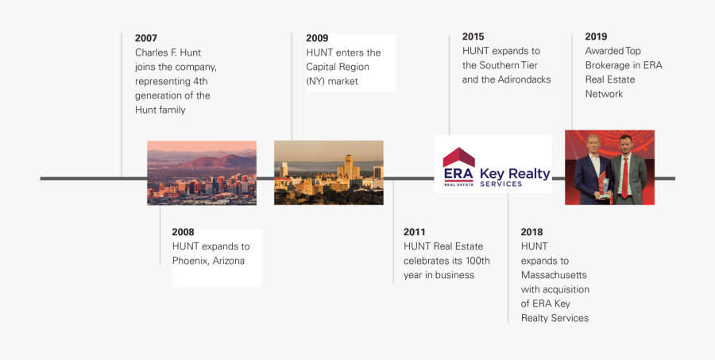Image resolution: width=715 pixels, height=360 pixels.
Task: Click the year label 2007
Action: [x=146, y=38]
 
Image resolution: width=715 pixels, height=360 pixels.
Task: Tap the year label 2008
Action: [x=184, y=232]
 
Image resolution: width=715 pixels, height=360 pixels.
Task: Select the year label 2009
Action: [x=317, y=38]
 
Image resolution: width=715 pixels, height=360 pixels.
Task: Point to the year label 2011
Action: [x=415, y=232]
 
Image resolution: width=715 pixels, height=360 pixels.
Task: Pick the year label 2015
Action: [x=473, y=37]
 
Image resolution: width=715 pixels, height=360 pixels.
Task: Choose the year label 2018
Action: [x=532, y=232]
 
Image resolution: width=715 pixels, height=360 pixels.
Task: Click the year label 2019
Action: [x=596, y=37]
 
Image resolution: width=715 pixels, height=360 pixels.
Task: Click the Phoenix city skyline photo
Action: [x=201, y=173]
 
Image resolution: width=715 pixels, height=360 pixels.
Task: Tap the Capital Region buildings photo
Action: [x=328, y=173]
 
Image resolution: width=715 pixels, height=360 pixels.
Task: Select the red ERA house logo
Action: [x=458, y=167]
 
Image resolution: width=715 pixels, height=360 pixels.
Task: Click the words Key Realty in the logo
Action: [x=515, y=174]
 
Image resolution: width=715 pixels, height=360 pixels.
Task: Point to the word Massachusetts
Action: [x=555, y=275]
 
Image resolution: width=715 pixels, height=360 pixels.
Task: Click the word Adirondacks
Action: [x=524, y=79]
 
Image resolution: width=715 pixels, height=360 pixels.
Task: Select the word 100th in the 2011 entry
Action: [x=476, y=261]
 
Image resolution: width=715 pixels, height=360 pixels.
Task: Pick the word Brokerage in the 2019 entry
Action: [x=610, y=65]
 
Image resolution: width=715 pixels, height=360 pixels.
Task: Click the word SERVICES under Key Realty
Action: [x=502, y=184]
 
